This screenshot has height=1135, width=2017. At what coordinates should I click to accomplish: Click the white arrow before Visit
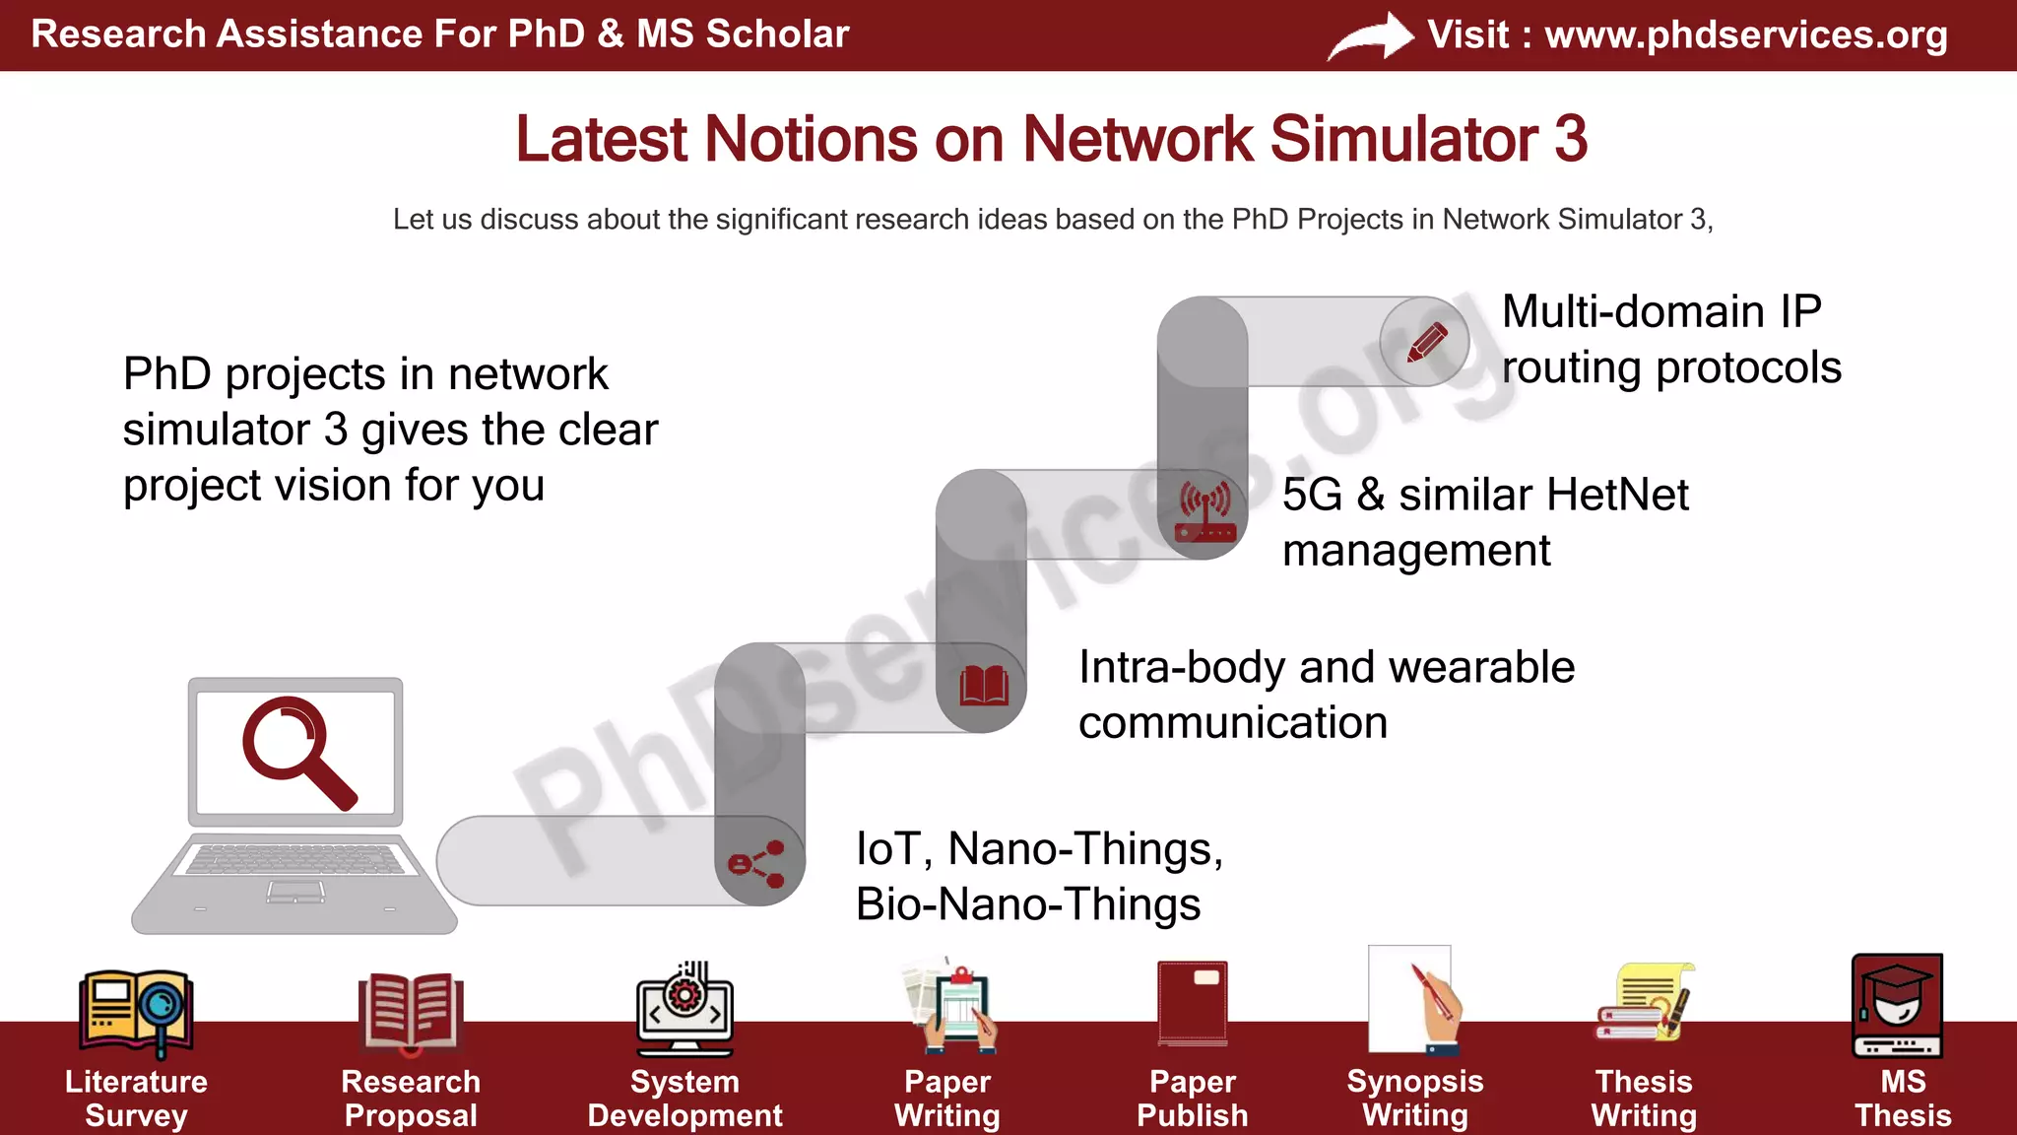(x=1372, y=37)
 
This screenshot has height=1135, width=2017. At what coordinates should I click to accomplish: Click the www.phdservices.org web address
(x=1745, y=35)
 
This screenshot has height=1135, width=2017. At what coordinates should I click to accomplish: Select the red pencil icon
(x=1426, y=342)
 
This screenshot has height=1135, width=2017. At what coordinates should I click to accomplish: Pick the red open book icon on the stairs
(x=984, y=686)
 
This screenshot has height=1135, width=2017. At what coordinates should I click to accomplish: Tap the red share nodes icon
(x=756, y=864)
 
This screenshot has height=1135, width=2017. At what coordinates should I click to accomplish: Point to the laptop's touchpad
(x=295, y=893)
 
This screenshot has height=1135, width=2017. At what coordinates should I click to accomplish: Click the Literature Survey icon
(x=136, y=1010)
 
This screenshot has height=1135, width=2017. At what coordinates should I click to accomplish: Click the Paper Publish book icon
(x=1193, y=1003)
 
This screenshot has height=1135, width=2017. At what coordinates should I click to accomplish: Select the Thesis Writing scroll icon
(x=1645, y=1002)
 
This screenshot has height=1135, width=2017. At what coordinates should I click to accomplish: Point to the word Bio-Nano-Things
(x=1028, y=904)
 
